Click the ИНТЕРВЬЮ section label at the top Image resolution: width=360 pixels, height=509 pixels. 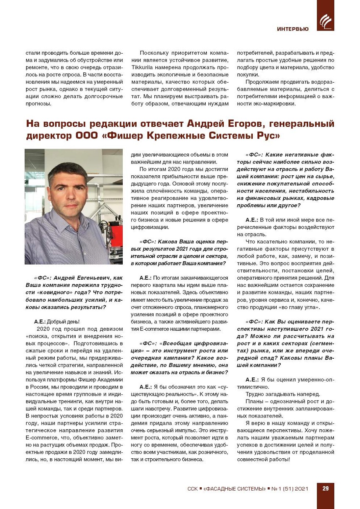(293, 29)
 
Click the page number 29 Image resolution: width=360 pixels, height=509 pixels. (325, 488)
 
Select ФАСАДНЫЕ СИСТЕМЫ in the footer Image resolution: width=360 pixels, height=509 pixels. (234, 489)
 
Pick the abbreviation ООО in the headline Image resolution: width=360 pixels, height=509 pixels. (87, 136)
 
